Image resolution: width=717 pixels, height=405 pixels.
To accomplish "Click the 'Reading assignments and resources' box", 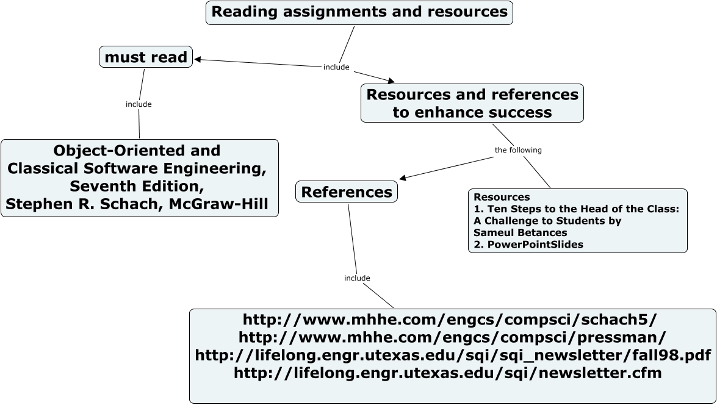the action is coord(359,12).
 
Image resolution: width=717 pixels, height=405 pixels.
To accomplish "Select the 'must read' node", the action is coord(146,57).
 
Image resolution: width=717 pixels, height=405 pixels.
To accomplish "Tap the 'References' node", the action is coord(347,192).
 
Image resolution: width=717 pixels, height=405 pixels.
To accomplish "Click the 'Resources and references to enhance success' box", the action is coord(472,103).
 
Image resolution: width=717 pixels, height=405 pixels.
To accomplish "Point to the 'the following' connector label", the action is coord(517,150).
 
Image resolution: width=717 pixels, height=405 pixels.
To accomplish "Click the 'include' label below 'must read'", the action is coord(139,104).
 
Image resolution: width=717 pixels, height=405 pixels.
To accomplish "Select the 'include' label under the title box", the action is coord(336,67).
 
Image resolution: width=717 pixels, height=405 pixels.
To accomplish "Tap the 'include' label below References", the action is coord(357,278).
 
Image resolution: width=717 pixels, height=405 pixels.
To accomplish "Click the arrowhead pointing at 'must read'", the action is coord(198,59).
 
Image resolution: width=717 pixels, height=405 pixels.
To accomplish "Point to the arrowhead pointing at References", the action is coord(403,178).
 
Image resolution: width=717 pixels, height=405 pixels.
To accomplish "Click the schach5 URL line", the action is coord(450,320).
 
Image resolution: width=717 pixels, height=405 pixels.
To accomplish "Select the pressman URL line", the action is coord(452,337).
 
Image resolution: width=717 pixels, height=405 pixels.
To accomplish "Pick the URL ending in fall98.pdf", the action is coord(453,355).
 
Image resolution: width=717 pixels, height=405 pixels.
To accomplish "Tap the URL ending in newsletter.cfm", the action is coord(448,373).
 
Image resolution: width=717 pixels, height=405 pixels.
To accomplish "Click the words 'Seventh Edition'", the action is coord(137,185).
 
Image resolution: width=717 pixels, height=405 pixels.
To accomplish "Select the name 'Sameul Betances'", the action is coord(521,232).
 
